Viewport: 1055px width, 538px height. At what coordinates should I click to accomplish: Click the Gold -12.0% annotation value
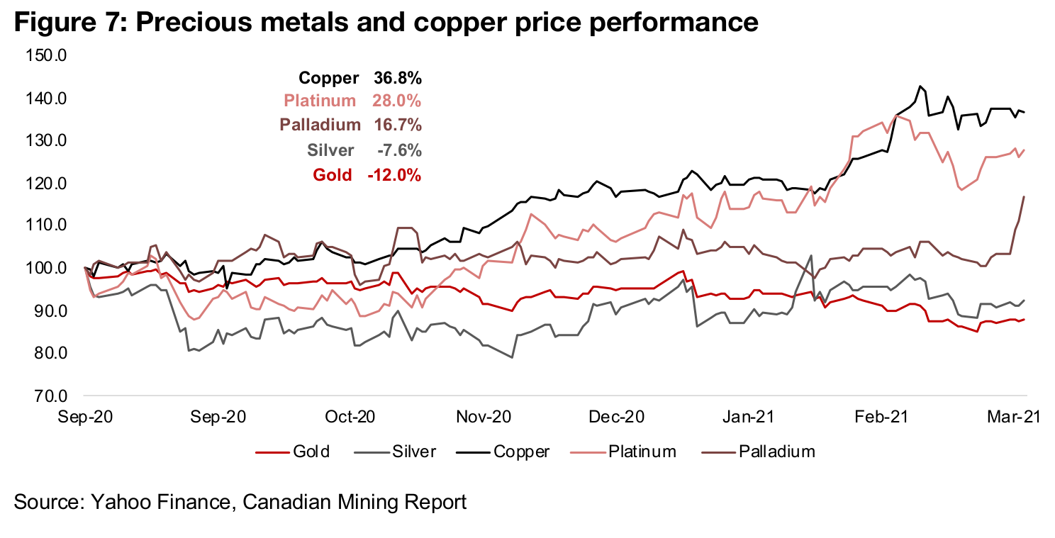coord(394,174)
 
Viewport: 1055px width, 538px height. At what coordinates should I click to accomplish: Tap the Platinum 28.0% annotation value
coord(397,101)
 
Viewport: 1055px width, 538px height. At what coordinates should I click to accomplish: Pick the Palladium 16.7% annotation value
coord(397,125)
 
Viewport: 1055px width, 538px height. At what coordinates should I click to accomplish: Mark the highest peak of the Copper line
coord(920,86)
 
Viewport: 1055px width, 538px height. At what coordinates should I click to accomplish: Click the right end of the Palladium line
coord(1024,196)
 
